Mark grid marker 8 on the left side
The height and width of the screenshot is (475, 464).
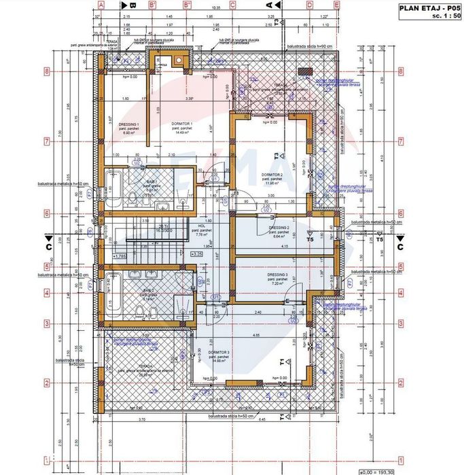[x=47, y=70]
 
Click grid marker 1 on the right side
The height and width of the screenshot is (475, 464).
[x=401, y=459]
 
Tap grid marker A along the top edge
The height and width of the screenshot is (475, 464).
[x=99, y=4]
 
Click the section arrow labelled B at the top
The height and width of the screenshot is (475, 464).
[x=134, y=5]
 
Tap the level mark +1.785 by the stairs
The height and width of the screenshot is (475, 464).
[x=120, y=256]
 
